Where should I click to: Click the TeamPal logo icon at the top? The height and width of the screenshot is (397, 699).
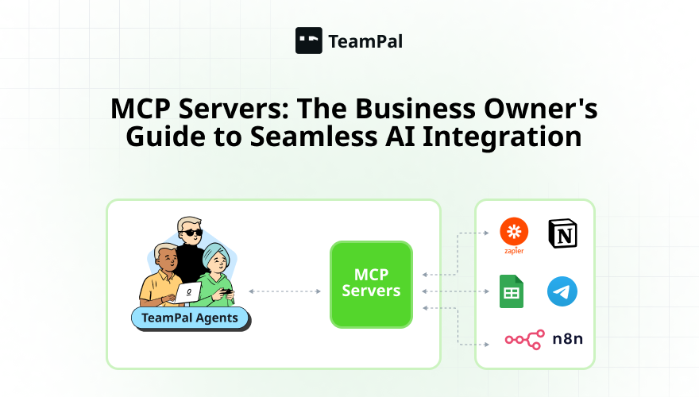click(309, 40)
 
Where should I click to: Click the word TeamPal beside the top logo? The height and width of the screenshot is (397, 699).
click(365, 41)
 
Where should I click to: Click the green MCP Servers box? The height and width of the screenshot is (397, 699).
click(372, 284)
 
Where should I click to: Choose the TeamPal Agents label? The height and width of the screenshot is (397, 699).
click(190, 319)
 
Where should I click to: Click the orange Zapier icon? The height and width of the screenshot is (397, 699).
click(514, 233)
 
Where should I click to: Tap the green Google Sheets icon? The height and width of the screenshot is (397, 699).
click(510, 291)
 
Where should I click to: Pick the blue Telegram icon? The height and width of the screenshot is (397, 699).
click(562, 292)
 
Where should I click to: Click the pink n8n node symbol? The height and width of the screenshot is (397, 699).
click(524, 340)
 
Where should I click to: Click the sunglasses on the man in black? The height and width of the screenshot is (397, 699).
click(190, 233)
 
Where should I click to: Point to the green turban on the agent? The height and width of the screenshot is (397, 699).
click(216, 256)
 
